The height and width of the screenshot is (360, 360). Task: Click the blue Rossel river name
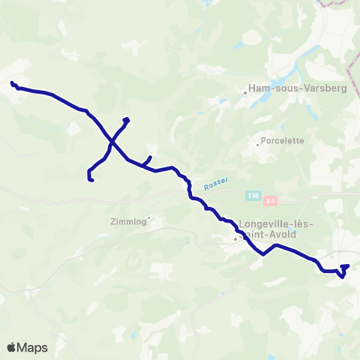point(214,183)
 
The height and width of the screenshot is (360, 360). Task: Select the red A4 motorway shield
point(271,200)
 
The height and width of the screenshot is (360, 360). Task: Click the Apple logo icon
point(12,347)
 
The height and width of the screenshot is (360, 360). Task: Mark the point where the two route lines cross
point(112,139)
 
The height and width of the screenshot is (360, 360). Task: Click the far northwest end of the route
point(12,82)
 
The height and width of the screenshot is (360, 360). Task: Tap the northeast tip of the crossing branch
point(127,119)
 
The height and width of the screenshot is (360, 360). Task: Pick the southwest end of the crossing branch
point(90,179)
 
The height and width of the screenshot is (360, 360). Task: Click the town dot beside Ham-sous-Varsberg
point(245,93)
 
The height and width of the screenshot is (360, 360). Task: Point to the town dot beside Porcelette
point(257,144)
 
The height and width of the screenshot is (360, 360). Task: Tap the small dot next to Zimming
point(148,218)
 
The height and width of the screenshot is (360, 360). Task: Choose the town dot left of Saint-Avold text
point(235,239)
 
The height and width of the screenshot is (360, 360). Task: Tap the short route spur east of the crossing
point(148,160)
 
